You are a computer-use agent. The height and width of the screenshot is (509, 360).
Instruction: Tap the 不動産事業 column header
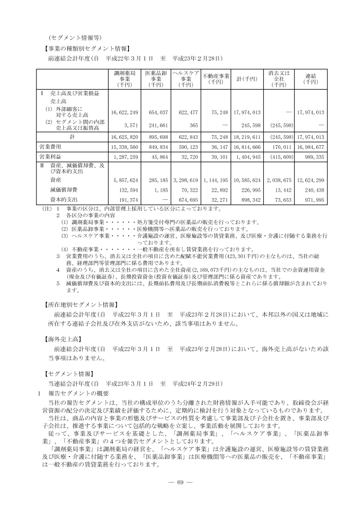tap(216, 78)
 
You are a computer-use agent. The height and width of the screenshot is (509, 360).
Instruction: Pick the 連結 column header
tap(311, 78)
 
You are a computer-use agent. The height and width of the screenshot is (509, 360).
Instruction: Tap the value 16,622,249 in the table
tap(124, 112)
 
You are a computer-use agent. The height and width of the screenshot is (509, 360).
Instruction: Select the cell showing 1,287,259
tap(124, 157)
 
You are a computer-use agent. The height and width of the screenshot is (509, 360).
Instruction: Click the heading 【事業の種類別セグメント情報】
tap(86, 47)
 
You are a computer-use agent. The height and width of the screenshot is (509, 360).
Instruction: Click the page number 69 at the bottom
tap(180, 483)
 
